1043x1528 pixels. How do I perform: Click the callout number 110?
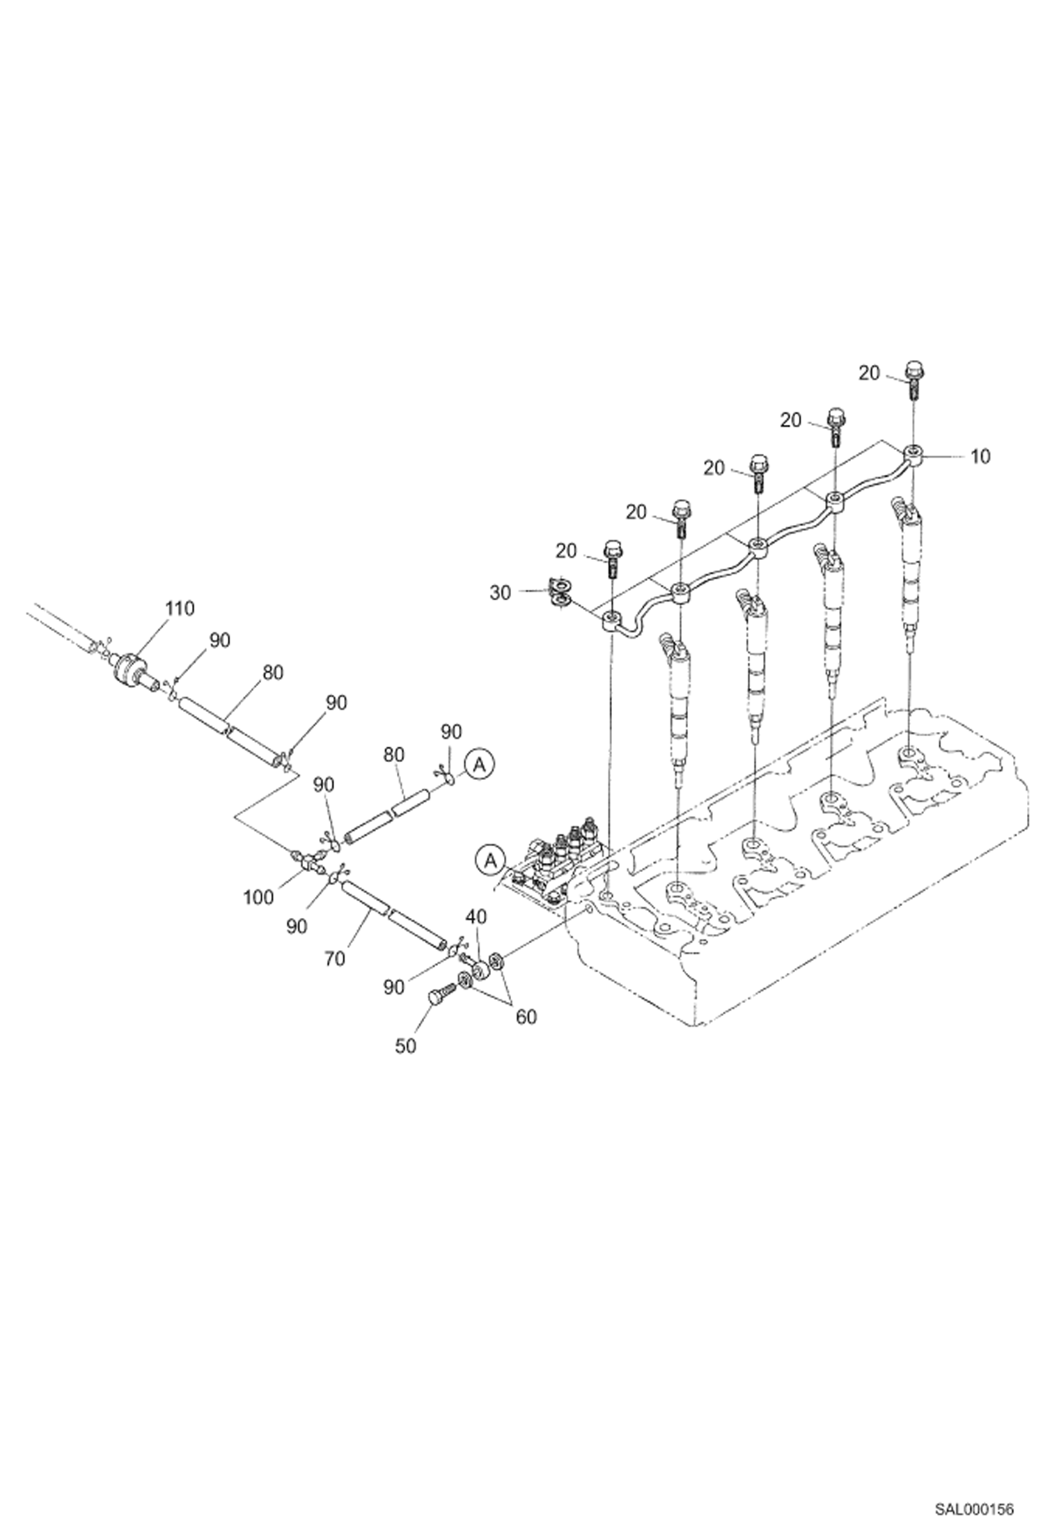(179, 608)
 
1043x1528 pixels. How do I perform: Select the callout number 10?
(980, 457)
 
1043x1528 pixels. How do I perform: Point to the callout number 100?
(258, 898)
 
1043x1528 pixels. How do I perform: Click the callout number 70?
(334, 959)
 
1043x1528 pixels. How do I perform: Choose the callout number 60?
(526, 1017)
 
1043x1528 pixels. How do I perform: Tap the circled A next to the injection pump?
(490, 860)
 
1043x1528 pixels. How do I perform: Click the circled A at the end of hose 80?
(479, 765)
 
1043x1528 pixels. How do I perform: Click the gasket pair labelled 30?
(559, 593)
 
